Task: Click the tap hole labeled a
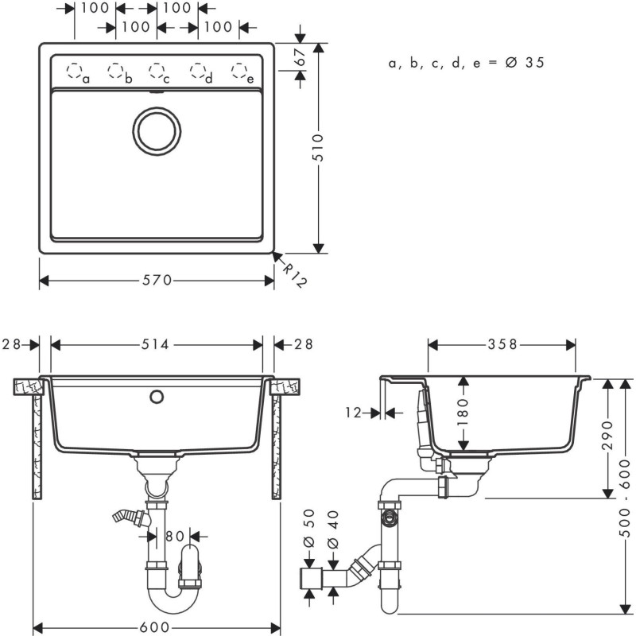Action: (75, 72)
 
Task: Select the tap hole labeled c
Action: (157, 71)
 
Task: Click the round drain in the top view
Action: (157, 131)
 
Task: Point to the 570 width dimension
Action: (157, 280)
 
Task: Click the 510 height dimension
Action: (318, 148)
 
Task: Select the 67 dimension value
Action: (300, 56)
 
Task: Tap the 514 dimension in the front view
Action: (157, 344)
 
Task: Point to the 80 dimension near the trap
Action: (176, 536)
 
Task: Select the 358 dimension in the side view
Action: (502, 344)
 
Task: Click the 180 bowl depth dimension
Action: (463, 412)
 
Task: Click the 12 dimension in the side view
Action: (354, 413)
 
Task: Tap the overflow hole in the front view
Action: (157, 395)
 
